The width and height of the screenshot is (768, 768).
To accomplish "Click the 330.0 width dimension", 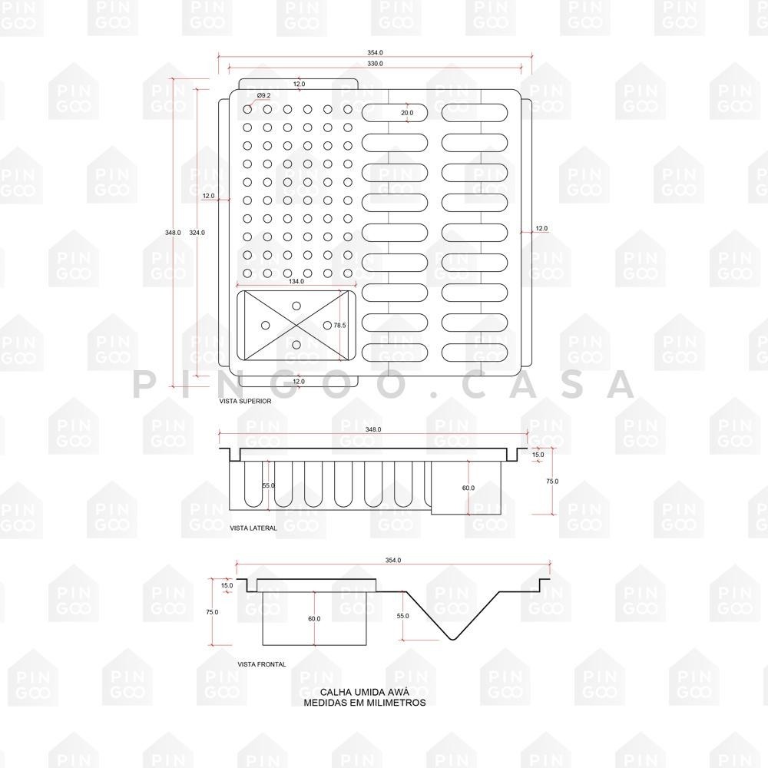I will [x=375, y=64].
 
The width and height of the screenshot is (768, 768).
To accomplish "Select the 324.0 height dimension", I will [x=197, y=232].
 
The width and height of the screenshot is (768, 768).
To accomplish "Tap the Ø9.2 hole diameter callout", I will [x=263, y=95].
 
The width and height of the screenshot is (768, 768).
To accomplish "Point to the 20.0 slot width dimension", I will [x=407, y=113].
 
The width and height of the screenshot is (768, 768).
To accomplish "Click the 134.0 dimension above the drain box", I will [x=296, y=282].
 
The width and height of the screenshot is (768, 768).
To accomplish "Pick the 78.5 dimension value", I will [x=340, y=326].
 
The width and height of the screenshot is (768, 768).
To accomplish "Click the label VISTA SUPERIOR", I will [x=245, y=402].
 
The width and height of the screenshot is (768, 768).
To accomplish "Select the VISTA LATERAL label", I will [x=253, y=528].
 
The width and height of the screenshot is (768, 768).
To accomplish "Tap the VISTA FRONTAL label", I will [x=262, y=664].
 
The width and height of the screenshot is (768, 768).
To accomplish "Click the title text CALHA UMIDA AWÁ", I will [x=364, y=692].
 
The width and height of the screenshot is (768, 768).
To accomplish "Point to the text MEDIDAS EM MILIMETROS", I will [x=364, y=702].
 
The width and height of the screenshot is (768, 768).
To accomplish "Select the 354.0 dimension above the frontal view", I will [x=392, y=561].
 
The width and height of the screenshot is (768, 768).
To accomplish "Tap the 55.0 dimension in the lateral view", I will [x=269, y=486].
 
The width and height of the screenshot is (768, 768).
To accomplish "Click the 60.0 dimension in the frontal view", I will [x=314, y=619].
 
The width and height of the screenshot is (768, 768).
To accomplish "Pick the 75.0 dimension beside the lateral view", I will [x=552, y=482].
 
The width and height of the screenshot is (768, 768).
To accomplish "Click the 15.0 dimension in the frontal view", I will [x=227, y=586].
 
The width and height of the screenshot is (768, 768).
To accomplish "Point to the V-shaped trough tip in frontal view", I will [x=452, y=640].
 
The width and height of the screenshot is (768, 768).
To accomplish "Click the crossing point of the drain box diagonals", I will [x=296, y=326].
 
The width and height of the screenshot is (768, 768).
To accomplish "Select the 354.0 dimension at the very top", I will [x=375, y=52].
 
